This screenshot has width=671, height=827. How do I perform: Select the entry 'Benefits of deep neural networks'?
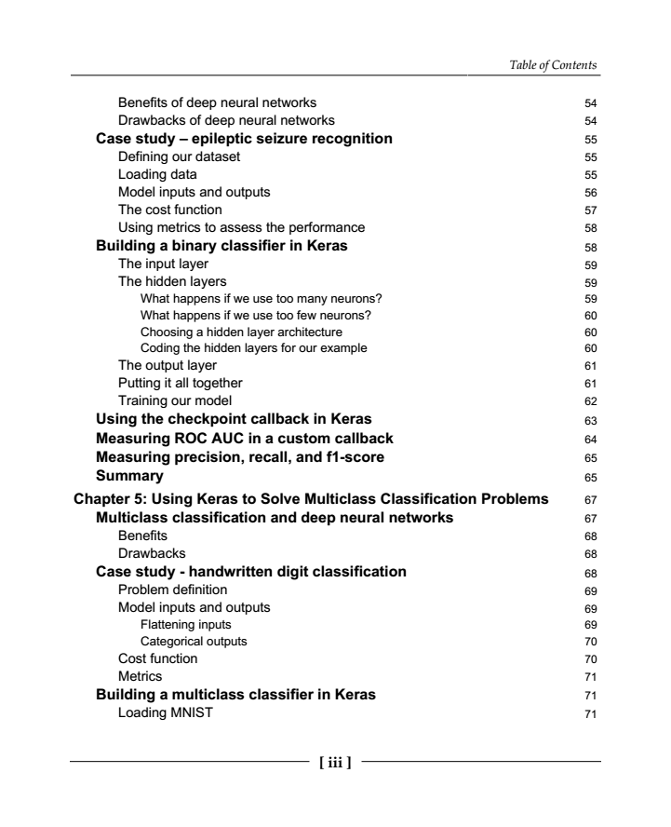pyautogui.click(x=217, y=102)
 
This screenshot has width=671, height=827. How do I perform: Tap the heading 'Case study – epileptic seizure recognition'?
pyautogui.click(x=244, y=139)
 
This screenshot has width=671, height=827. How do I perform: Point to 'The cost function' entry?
pyautogui.click(x=170, y=210)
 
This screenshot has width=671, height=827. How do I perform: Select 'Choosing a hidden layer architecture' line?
pyautogui.click(x=241, y=332)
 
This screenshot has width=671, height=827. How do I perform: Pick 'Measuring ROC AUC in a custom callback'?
pyautogui.click(x=245, y=438)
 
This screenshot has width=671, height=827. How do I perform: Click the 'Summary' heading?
pyautogui.click(x=130, y=475)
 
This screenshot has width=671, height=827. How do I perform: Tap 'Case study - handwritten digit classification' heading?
pyautogui.click(x=251, y=571)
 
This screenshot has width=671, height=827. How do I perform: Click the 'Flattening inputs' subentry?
pyautogui.click(x=186, y=624)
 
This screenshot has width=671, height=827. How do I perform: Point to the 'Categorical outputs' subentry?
pyautogui.click(x=194, y=641)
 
